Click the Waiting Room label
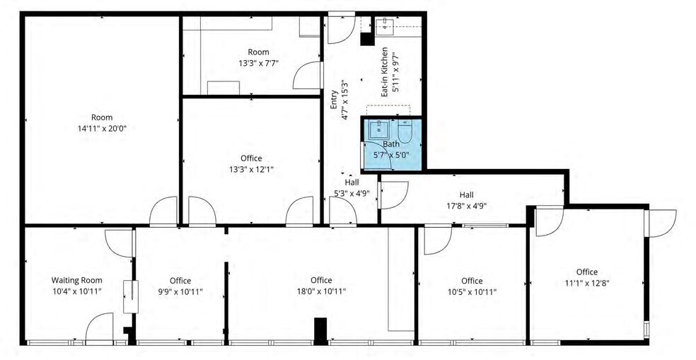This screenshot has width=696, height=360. pos(76,279)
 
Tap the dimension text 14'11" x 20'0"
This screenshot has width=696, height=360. pos(102,129)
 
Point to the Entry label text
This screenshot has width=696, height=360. pos(333,98)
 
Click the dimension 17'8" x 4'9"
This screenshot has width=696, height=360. pos(466,206)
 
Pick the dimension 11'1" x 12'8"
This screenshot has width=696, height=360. pos(586,283)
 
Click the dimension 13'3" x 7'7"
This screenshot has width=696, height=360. pos(258,62)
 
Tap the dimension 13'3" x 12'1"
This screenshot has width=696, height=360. pos(251,170)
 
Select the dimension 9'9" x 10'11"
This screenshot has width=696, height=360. pos(180,291)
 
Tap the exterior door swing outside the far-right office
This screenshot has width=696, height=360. pos(662,222)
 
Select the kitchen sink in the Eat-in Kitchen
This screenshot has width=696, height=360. pos(384,28)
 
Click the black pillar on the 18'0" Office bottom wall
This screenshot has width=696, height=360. pos(320,331)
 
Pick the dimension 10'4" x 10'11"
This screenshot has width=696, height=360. pos(76,291)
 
